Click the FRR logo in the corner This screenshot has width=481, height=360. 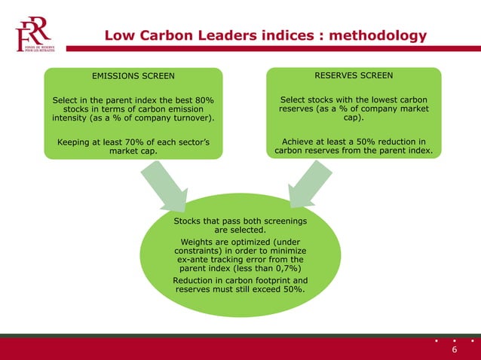point(33,35)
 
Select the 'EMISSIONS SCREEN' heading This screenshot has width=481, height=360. point(133,75)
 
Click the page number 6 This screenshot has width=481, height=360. point(455,351)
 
